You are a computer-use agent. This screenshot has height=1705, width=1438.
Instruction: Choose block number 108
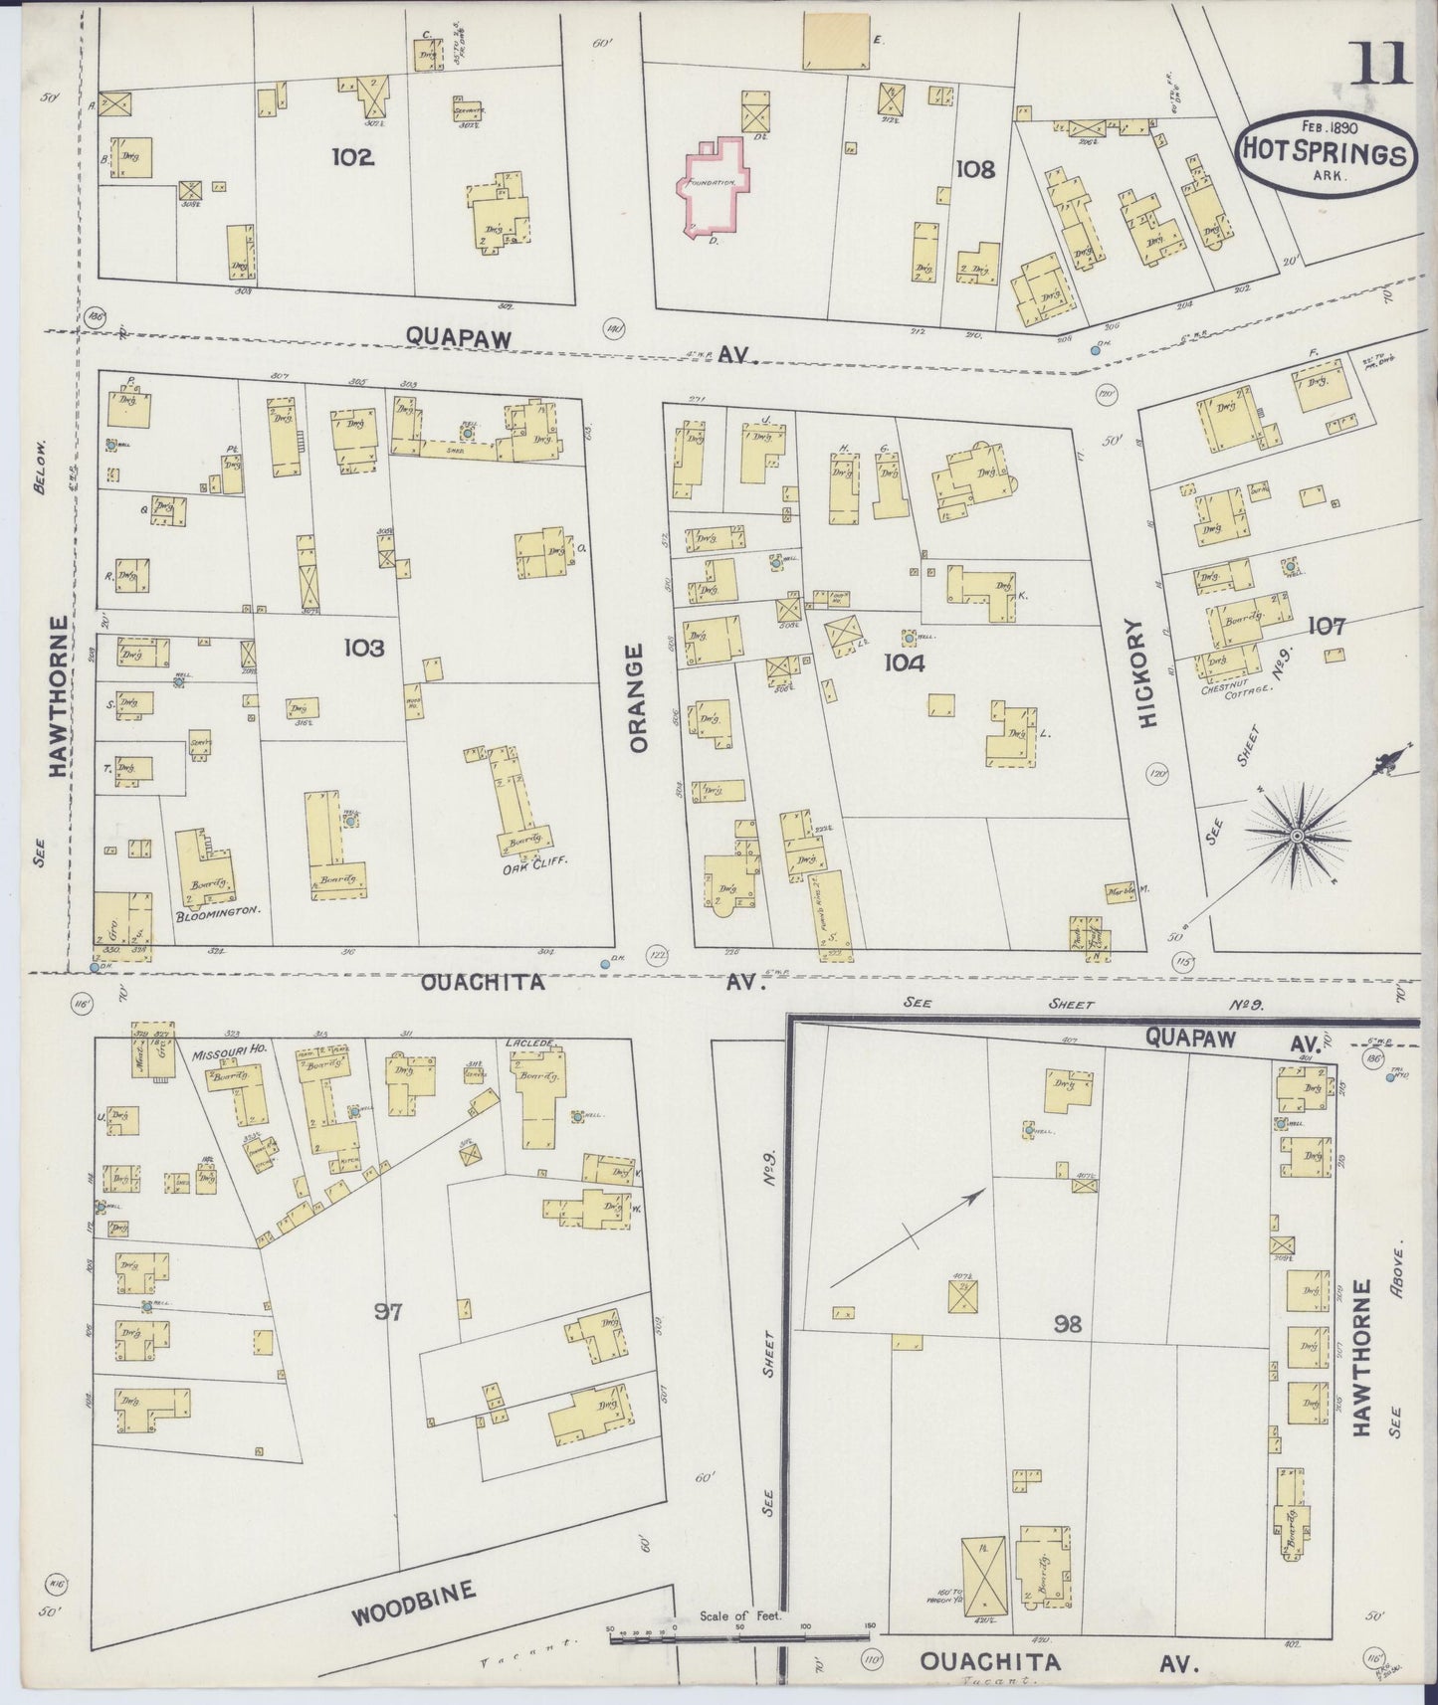click(974, 169)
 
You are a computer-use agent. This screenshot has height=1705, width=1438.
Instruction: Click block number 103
click(363, 648)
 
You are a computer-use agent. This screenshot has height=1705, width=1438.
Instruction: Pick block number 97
click(388, 1312)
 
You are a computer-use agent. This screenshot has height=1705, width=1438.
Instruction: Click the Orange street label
click(638, 696)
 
